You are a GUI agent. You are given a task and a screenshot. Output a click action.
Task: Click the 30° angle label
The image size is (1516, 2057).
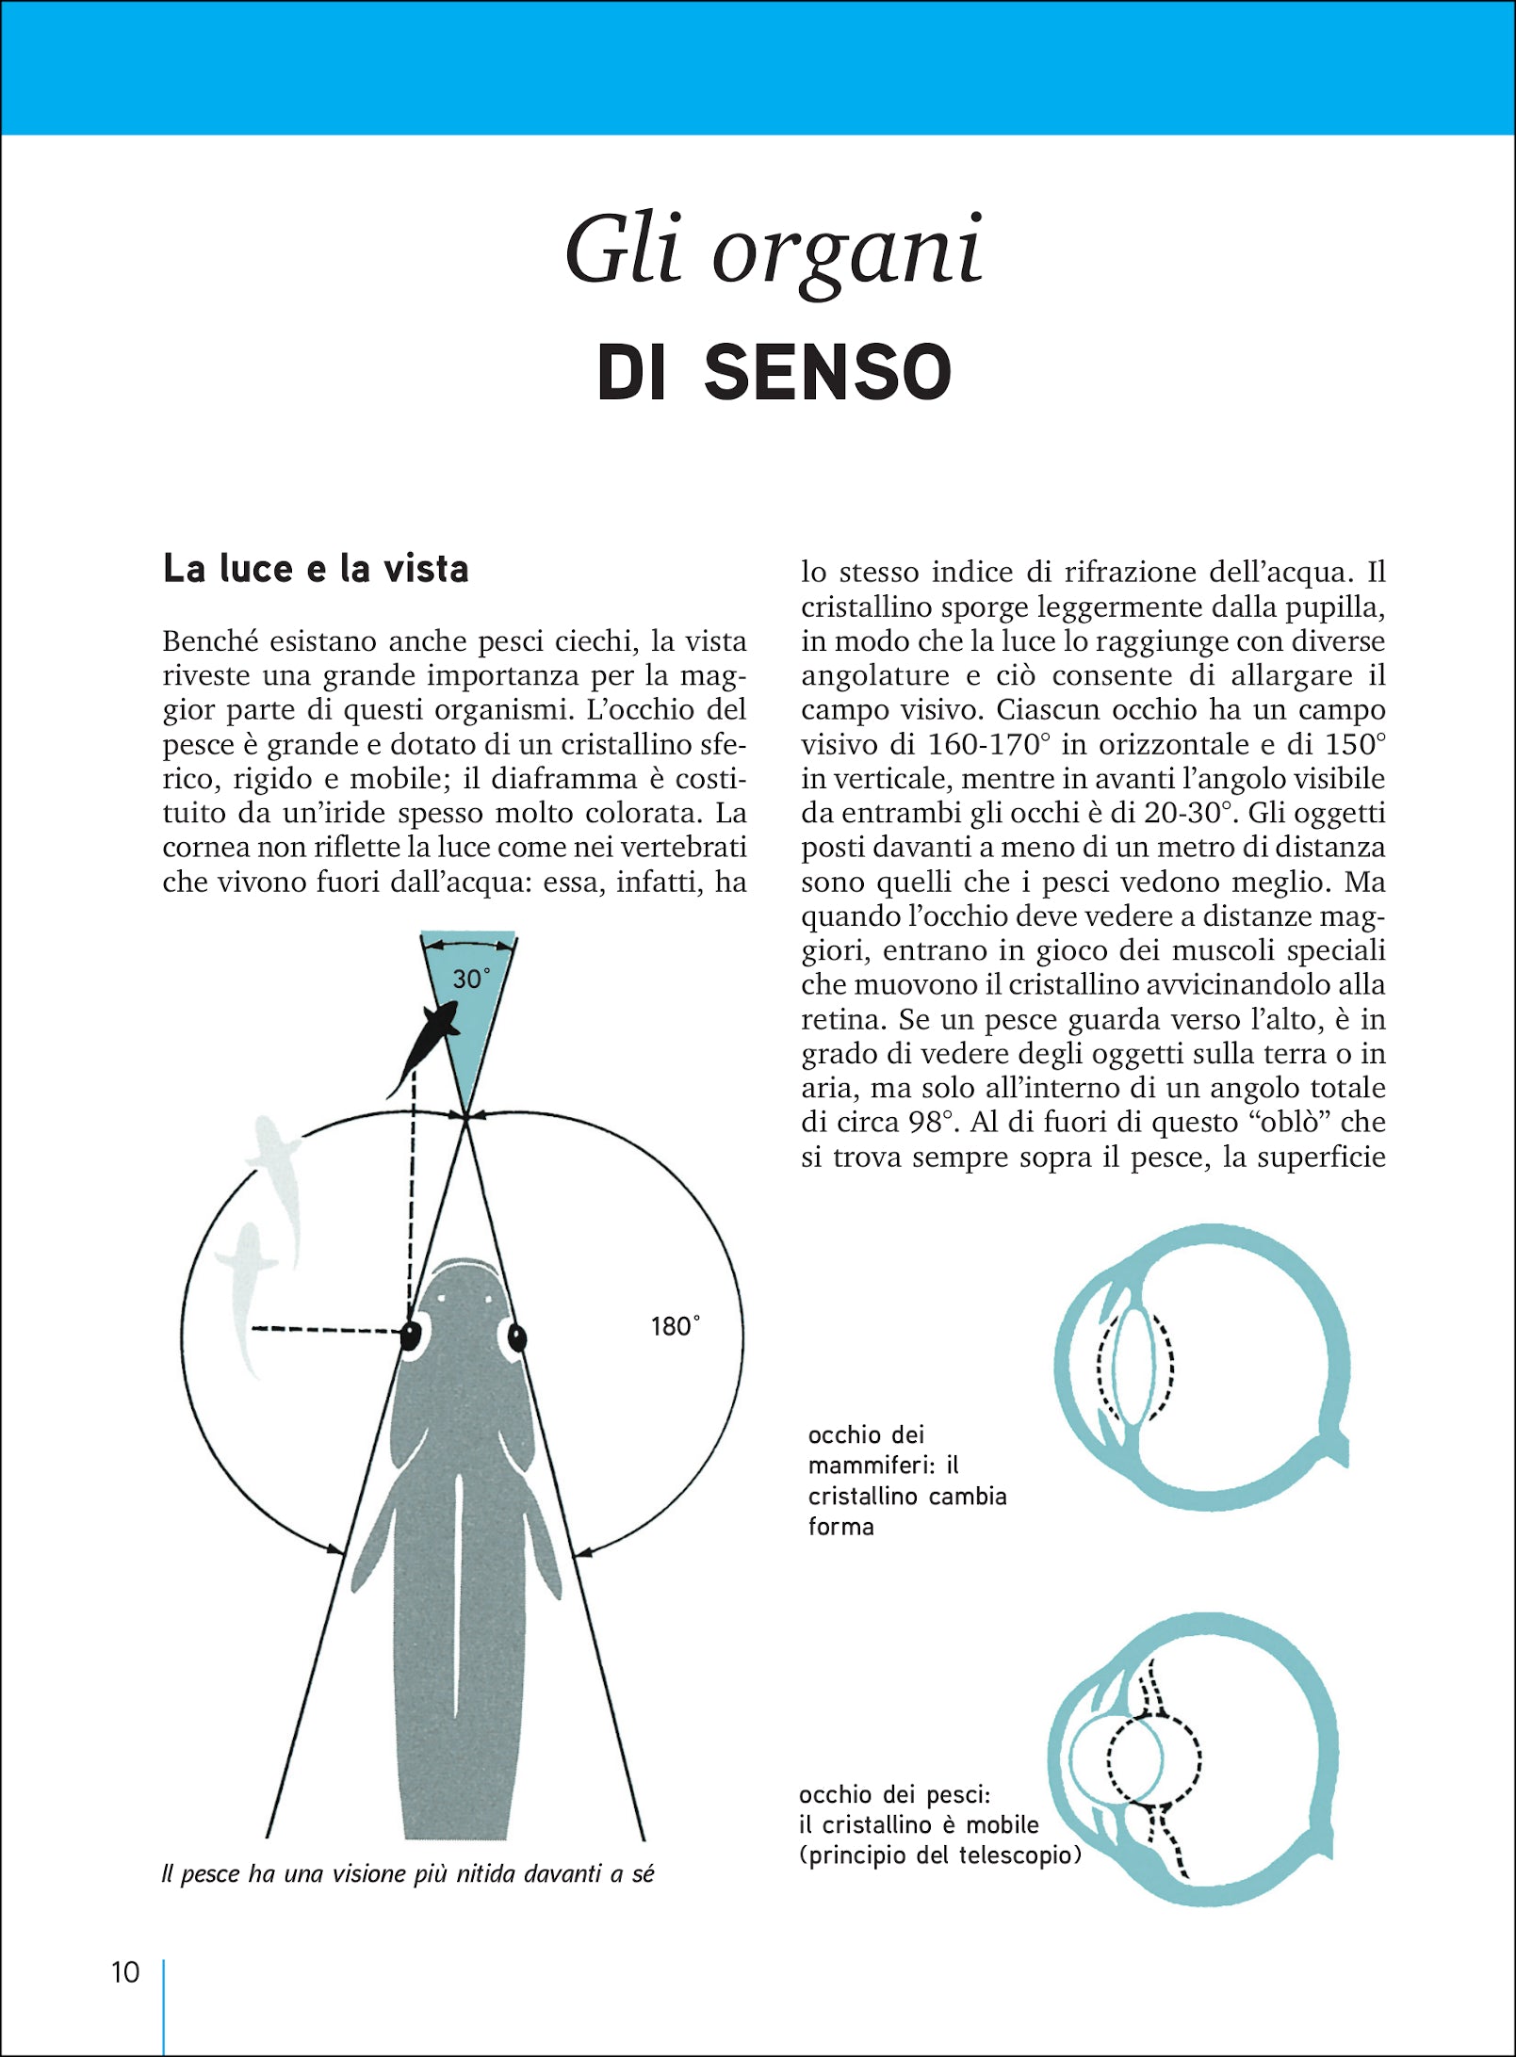point(470,980)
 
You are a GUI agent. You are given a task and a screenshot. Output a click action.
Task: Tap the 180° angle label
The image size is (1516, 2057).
point(675,1326)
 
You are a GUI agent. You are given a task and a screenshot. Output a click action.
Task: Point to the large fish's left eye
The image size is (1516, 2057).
point(412,1335)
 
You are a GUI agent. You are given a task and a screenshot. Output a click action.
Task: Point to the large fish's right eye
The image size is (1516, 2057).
point(515,1337)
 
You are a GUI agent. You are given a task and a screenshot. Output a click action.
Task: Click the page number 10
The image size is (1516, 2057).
point(125,1971)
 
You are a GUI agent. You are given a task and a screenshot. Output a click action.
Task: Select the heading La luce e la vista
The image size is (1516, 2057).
point(316,569)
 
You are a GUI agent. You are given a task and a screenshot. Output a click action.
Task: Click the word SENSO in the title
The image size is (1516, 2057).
point(827,372)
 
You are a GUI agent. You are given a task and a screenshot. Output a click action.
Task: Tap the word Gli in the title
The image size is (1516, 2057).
point(622,250)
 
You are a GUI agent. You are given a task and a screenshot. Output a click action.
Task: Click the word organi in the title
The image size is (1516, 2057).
point(847,252)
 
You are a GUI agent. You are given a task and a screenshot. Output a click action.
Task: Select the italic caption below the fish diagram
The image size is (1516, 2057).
point(407,1874)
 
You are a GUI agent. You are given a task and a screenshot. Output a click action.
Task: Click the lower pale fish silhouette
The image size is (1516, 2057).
point(247,1295)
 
